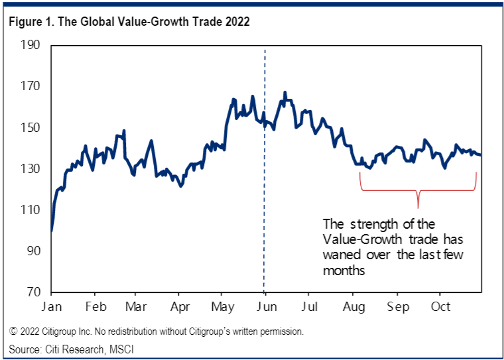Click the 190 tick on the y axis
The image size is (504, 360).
click(x=32, y=46)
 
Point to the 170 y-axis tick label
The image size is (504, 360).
click(x=32, y=87)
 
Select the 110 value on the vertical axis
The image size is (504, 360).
click(x=32, y=210)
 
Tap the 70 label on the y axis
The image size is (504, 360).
click(x=34, y=292)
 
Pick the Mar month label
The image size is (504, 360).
click(x=135, y=307)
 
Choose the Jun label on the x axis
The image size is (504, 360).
click(x=266, y=307)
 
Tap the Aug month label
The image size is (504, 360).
click(x=353, y=307)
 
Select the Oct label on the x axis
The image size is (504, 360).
click(x=440, y=307)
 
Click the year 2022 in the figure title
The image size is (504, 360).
click(x=237, y=22)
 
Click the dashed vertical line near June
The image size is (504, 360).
click(x=265, y=199)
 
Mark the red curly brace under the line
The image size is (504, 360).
click(x=418, y=192)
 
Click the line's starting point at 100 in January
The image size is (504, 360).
click(x=52, y=231)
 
